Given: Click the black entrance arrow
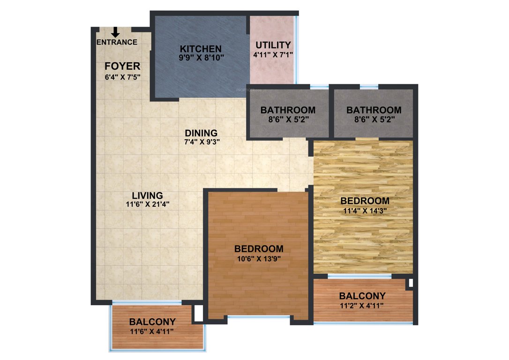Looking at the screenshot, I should (115, 32).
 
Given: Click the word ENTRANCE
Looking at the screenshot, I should (117, 42).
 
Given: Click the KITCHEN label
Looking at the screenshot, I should (201, 49).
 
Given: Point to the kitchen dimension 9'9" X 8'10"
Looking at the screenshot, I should (202, 58).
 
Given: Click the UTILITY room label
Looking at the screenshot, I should (273, 45).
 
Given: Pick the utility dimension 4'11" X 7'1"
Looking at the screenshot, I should (273, 54).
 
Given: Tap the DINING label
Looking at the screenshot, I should (201, 133).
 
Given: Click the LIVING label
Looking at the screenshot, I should (147, 195).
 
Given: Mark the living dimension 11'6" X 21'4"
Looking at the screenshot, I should (147, 204).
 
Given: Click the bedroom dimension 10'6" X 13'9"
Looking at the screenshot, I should (259, 258).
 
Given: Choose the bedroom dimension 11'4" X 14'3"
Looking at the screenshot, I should (365, 210).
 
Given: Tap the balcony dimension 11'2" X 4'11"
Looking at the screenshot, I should (362, 306).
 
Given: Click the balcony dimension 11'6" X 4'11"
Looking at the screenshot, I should (152, 331).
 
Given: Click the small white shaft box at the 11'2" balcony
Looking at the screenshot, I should (411, 283).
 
